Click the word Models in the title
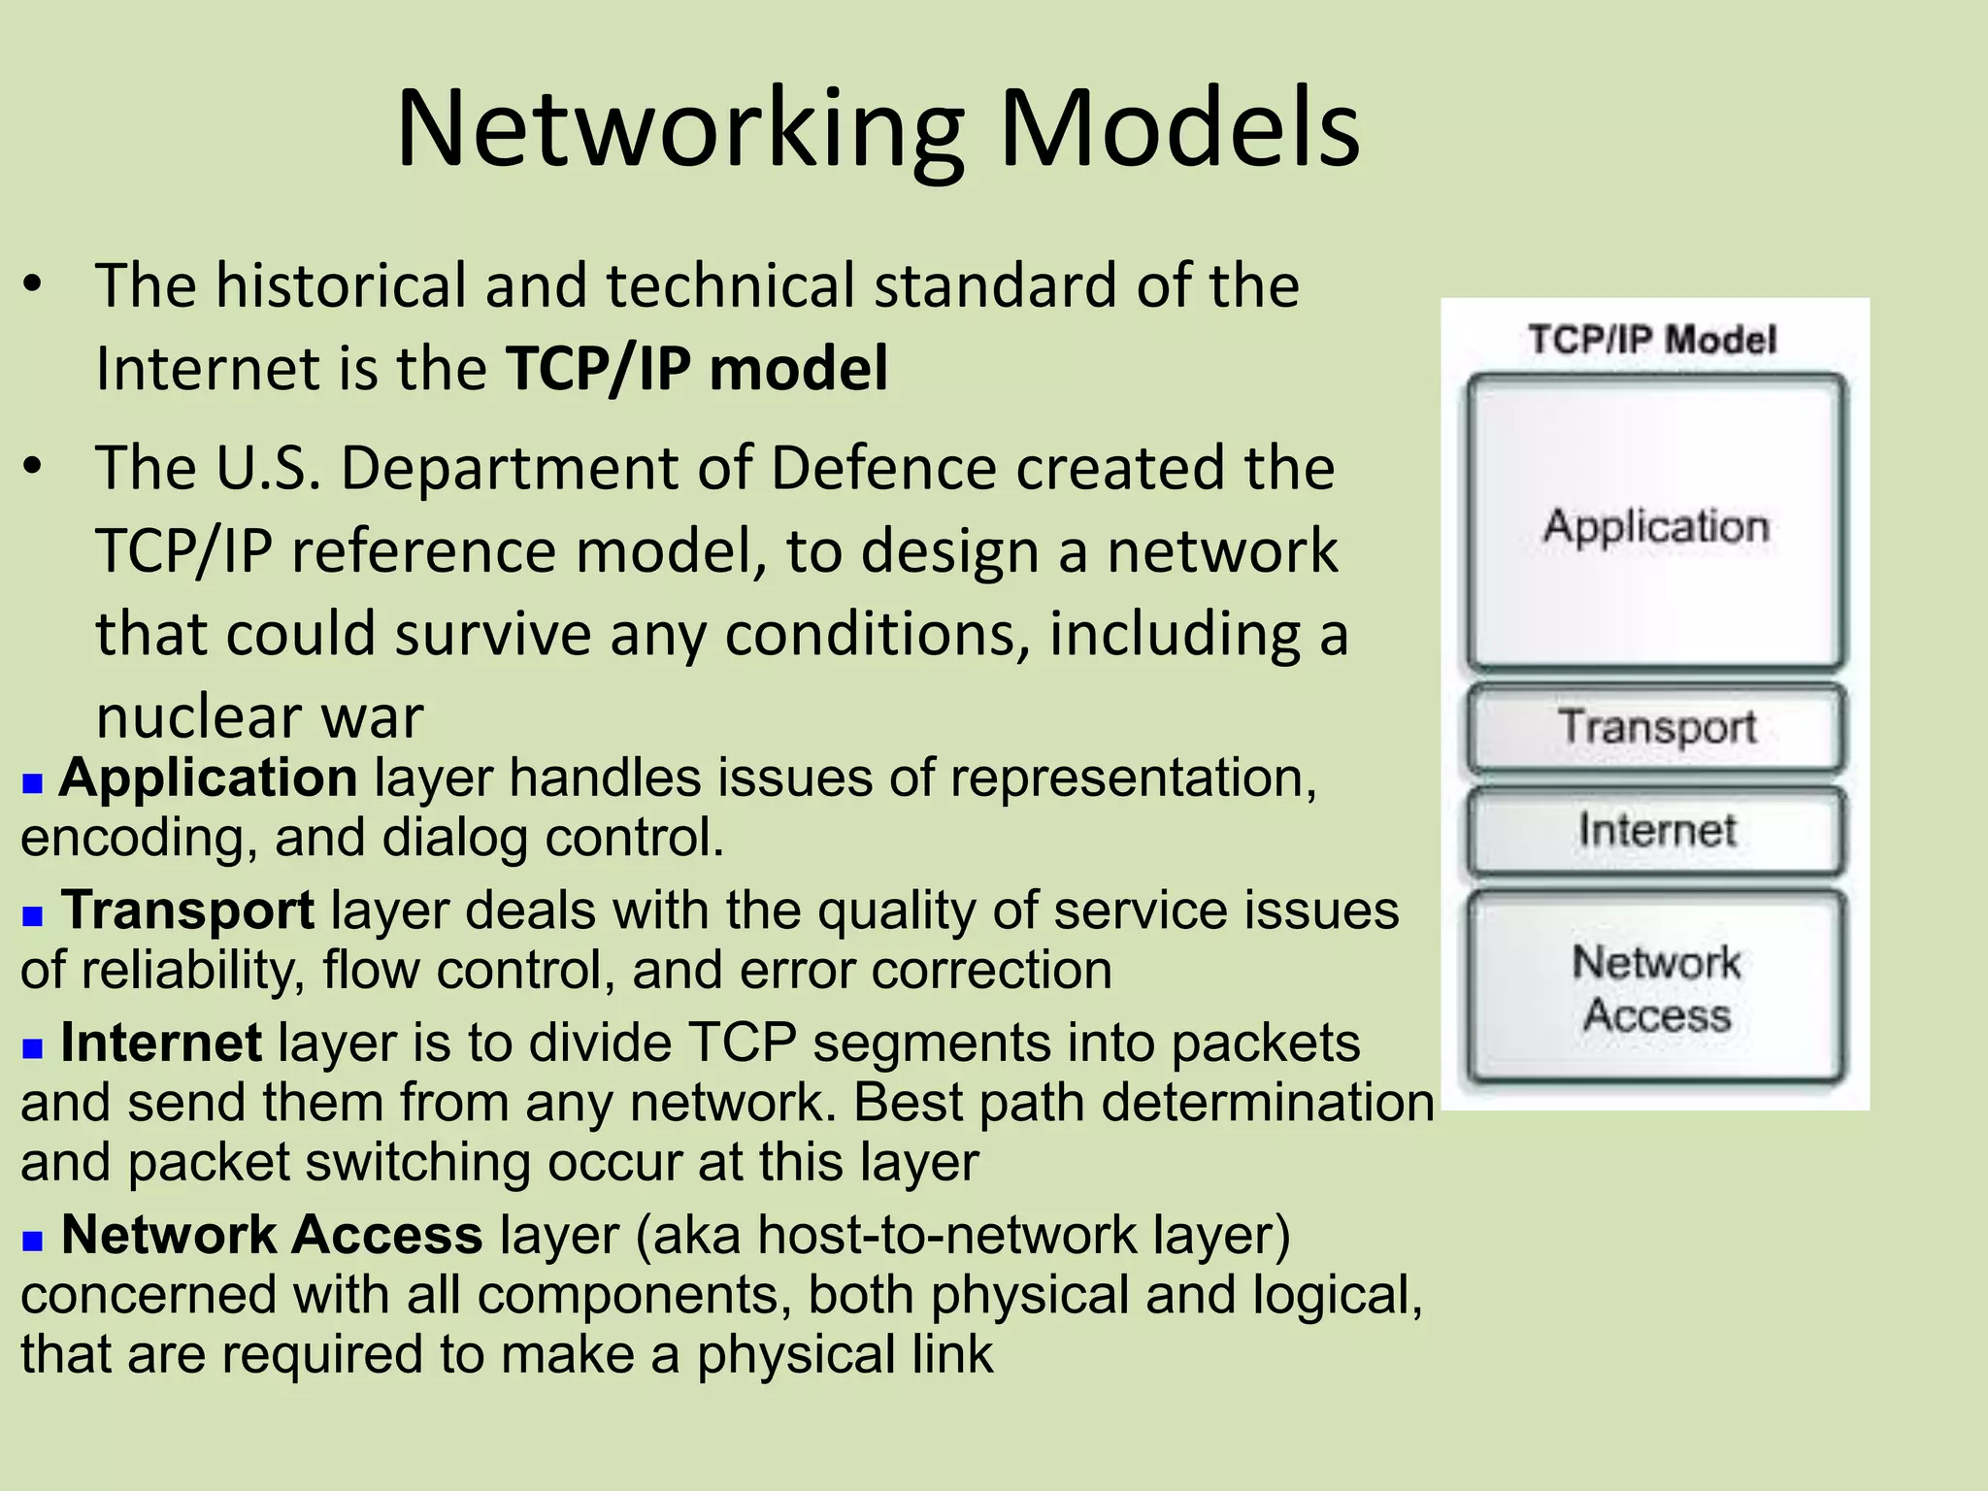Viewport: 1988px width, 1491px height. (1178, 129)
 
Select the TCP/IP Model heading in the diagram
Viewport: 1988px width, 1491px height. (1652, 340)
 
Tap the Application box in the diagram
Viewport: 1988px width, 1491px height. (1656, 525)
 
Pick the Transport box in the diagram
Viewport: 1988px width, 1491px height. (1656, 727)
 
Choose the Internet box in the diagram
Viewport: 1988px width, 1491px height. (1656, 831)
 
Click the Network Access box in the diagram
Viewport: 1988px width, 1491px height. (1656, 988)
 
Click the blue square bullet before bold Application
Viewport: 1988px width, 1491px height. (33, 782)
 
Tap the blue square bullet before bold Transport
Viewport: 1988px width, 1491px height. (33, 915)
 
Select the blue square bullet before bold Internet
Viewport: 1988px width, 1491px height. (33, 1048)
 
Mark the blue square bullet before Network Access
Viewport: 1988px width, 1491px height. (33, 1240)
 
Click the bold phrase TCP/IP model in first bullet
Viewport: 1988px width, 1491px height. (696, 369)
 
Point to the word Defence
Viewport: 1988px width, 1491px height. (883, 468)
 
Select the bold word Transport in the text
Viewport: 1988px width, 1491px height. (187, 911)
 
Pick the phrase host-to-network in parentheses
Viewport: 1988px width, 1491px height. (946, 1235)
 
